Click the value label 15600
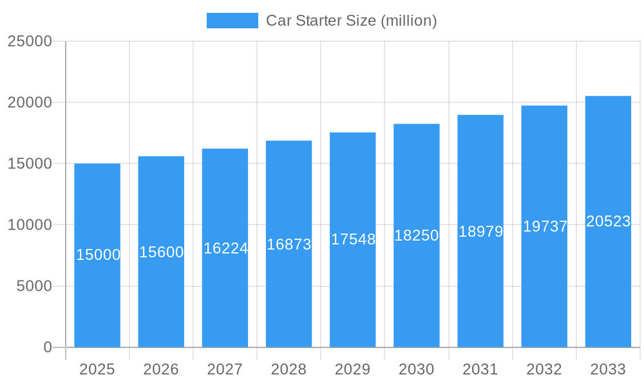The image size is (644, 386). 161,252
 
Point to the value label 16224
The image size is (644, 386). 225,248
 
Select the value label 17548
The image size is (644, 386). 353,239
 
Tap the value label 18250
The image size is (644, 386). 417,235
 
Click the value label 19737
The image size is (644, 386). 545,226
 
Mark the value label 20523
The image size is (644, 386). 608,221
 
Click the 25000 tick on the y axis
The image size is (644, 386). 30,41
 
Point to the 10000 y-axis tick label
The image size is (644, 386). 30,225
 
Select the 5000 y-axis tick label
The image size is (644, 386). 34,286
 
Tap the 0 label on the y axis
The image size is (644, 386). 48,347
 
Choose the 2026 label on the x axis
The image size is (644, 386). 161,369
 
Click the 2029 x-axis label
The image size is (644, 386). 353,369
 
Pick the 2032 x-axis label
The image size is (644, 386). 544,369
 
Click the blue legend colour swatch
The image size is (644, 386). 232,21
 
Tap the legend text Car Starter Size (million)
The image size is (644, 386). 352,21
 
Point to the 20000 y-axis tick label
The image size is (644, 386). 30,102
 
